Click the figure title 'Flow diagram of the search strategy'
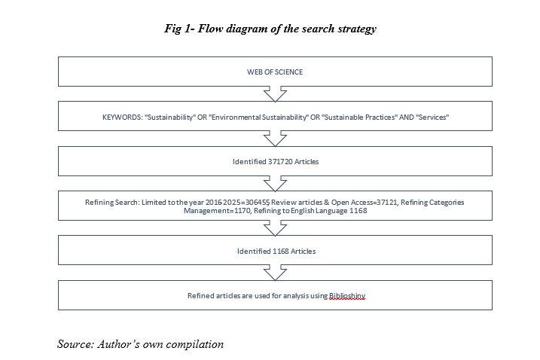pos(287,29)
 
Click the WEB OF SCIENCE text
pos(275,72)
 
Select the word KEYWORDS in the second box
pos(122,117)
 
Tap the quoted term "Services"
pos(432,117)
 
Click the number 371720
pos(280,162)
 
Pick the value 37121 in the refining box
pos(387,203)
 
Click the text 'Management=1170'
pos(218,210)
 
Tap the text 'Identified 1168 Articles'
pos(276,251)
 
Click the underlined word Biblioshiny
pos(347,295)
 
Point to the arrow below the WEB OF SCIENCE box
pos(275,94)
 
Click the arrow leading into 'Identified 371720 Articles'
pos(275,139)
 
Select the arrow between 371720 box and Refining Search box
pos(275,184)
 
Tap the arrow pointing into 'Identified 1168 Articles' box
pos(275,228)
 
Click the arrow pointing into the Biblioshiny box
pos(275,273)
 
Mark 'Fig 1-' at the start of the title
pos(180,29)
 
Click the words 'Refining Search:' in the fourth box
pos(112,203)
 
